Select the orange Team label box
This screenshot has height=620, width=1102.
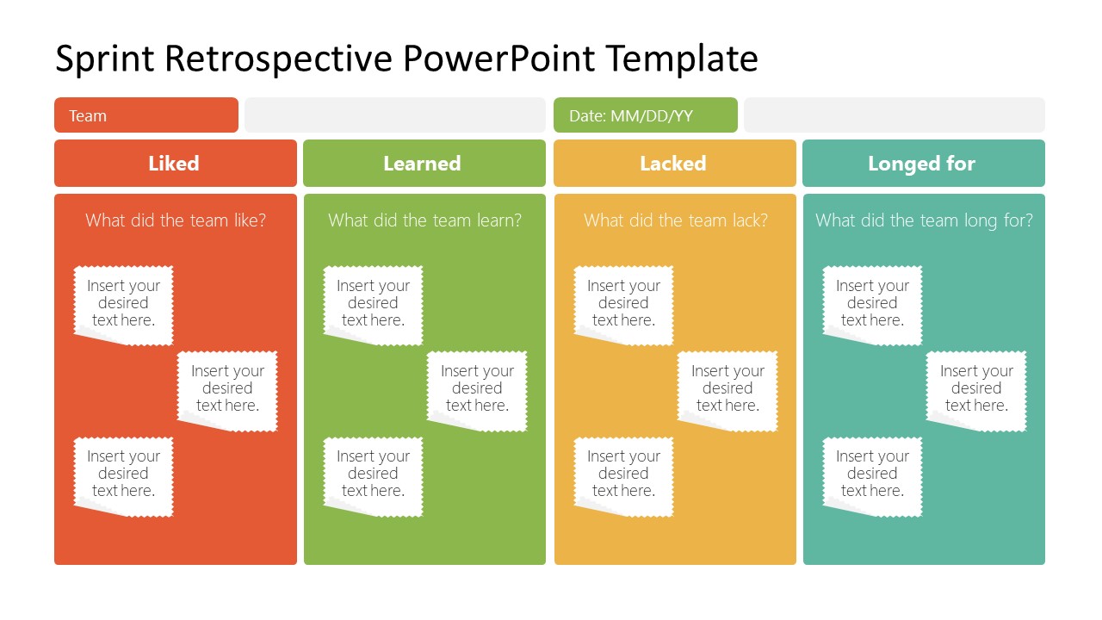[145, 115]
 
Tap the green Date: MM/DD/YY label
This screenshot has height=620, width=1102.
[645, 115]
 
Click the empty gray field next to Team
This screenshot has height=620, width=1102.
[394, 115]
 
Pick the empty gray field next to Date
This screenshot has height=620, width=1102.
[894, 115]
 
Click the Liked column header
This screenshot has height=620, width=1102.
[175, 164]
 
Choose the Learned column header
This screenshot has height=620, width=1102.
[424, 164]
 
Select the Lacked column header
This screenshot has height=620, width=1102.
[674, 164]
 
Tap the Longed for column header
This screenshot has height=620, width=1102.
[923, 164]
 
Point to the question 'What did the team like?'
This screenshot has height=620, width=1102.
[176, 220]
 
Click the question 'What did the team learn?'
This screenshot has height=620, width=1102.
[424, 220]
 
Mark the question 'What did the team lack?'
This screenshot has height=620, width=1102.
[675, 220]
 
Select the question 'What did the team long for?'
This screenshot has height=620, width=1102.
[924, 220]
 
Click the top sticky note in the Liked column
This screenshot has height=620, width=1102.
[123, 304]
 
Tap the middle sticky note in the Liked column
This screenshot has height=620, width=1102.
[227, 389]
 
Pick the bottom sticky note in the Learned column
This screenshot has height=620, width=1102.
[373, 474]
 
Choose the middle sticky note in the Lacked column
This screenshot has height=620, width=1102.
[727, 389]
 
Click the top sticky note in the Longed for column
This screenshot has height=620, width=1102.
[872, 304]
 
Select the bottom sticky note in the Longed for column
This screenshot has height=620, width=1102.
[872, 474]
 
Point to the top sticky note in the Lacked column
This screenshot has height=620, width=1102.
[623, 304]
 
